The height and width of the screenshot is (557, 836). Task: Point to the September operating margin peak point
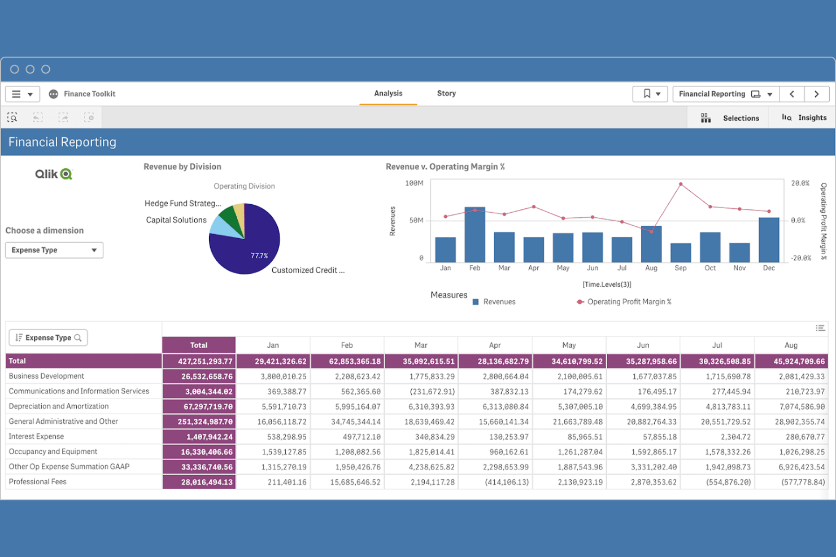681,185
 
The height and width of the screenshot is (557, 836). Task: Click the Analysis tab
388,94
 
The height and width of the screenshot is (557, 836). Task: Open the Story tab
446,94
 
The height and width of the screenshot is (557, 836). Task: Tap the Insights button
804,118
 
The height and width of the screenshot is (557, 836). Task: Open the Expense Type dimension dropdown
54,250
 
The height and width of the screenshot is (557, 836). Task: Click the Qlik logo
54,174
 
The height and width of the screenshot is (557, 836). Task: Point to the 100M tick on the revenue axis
414,183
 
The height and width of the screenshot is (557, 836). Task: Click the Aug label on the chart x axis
651,268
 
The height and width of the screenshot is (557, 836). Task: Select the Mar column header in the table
421,345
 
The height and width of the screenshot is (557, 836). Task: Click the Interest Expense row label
36,436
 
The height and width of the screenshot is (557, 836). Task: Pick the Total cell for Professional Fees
199,483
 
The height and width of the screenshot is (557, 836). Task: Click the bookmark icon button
650,94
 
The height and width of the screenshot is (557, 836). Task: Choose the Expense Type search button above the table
48,337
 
